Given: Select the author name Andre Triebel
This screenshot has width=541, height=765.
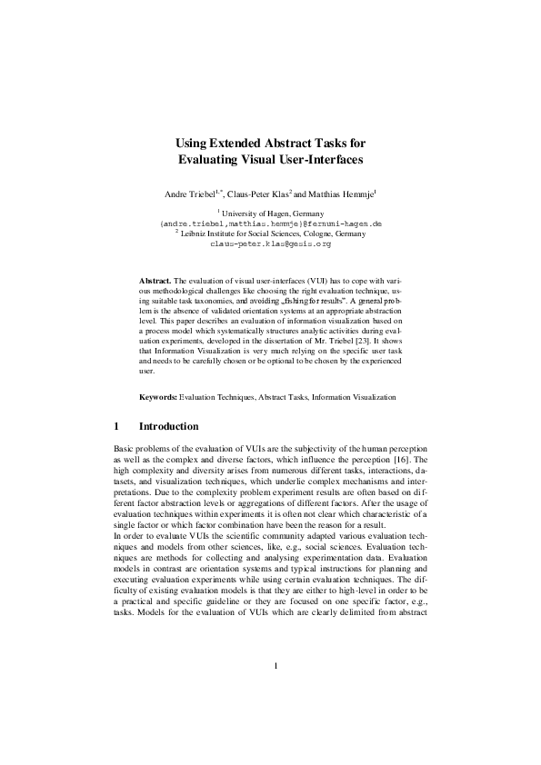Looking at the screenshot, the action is tap(188, 194).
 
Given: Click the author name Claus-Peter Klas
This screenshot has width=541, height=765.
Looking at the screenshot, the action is tap(256, 194).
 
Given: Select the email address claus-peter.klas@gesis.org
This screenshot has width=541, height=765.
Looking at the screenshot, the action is tap(270, 244).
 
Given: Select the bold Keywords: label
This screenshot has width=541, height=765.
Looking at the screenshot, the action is tap(158, 422).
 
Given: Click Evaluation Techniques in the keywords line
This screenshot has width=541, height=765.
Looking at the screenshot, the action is tap(216, 422).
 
